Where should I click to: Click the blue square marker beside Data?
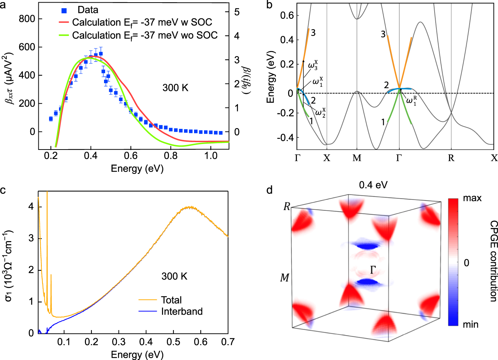click(x=64, y=10)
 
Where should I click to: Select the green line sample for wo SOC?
click(x=64, y=35)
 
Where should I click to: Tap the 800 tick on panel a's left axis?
click(x=27, y=19)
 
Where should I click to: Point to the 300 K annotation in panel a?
click(x=175, y=88)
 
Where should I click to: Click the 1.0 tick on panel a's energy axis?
click(x=211, y=156)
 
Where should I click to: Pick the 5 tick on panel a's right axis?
click(x=237, y=12)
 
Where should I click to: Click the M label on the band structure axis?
click(x=357, y=158)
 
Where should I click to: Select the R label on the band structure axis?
click(x=451, y=158)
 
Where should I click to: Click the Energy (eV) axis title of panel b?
click(x=271, y=76)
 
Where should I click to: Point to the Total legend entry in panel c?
click(x=171, y=300)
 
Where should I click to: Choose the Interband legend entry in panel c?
click(x=181, y=311)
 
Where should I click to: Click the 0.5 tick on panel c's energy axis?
click(x=173, y=342)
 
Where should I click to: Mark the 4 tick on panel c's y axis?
click(x=31, y=207)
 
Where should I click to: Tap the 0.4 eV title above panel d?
click(x=373, y=185)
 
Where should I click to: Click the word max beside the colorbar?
click(x=472, y=198)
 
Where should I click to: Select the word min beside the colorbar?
click(x=471, y=325)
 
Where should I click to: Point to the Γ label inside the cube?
click(x=373, y=270)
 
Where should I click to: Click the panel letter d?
click(x=269, y=190)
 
